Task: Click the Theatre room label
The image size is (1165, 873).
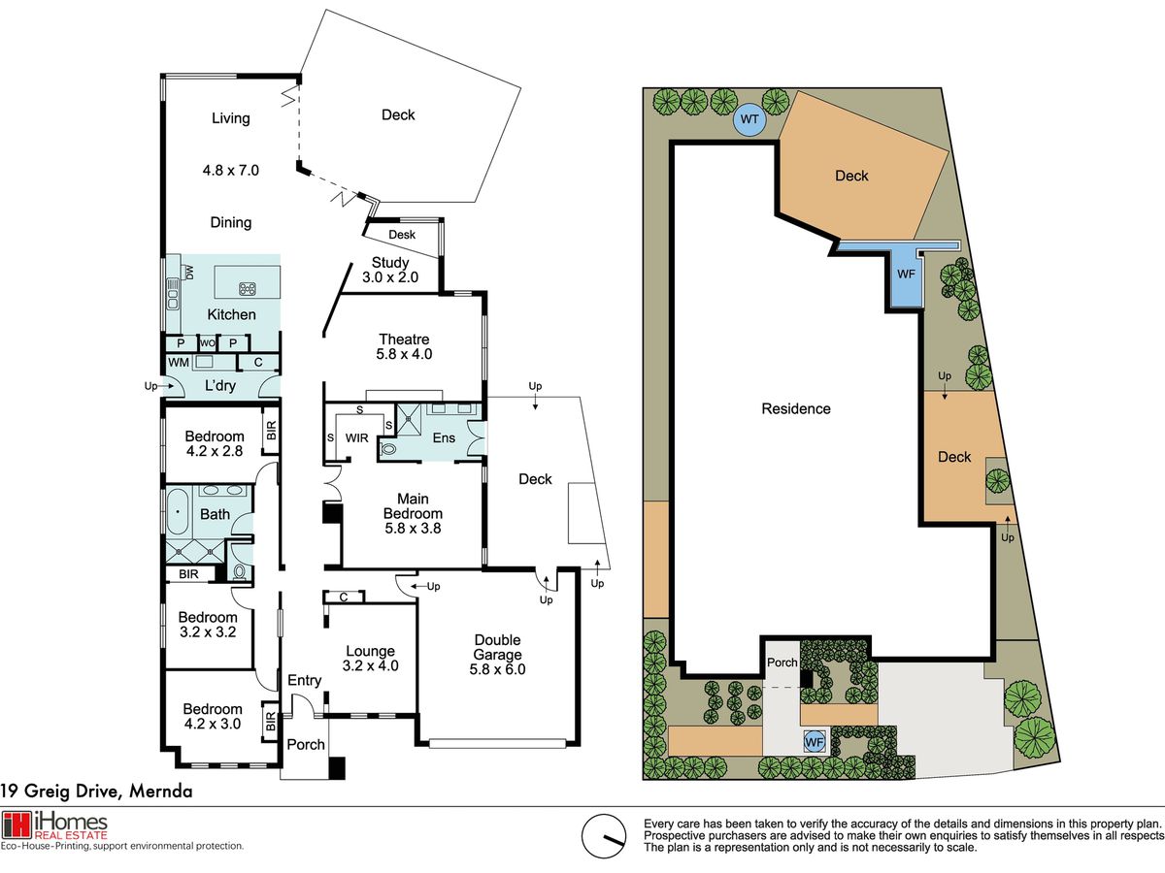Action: [x=404, y=339]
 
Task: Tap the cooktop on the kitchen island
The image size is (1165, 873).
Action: [x=248, y=289]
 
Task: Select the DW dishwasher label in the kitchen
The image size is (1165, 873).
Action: [x=189, y=273]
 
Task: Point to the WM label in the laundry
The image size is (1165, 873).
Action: [x=179, y=363]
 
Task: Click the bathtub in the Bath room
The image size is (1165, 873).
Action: [x=178, y=511]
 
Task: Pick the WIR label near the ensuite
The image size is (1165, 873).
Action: [x=356, y=437]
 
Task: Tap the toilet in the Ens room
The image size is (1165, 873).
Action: [x=388, y=449]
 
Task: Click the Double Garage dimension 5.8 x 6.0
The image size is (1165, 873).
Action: [x=497, y=669]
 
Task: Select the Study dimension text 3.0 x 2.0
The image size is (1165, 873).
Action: [x=390, y=277]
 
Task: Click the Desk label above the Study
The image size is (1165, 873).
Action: [x=402, y=235]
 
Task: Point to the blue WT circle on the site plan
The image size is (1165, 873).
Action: [x=749, y=119]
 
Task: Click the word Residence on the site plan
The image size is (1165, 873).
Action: [x=795, y=408]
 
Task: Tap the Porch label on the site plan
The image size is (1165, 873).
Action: [x=782, y=663]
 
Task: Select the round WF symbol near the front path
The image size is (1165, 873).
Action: [x=815, y=741]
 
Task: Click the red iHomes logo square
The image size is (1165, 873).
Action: [x=16, y=825]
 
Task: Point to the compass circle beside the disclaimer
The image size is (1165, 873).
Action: [x=604, y=836]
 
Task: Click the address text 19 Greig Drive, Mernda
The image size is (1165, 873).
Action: [x=96, y=792]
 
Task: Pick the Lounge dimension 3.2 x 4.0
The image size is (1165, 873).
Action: [x=371, y=665]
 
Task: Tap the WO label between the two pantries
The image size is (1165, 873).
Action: [x=208, y=343]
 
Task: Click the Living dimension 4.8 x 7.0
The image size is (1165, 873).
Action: [x=231, y=170]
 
